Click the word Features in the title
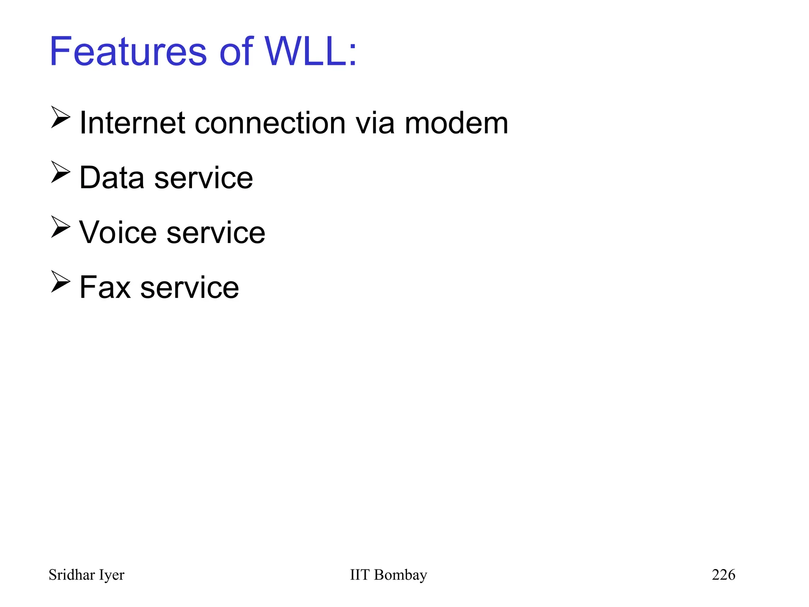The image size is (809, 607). pos(128,51)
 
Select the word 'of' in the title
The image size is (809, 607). pos(236,51)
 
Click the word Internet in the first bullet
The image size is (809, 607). pos(132,123)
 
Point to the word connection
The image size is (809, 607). pos(270,123)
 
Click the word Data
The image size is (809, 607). pos(112,178)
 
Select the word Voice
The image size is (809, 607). pos(118,232)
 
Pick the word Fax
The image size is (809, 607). pos(105,287)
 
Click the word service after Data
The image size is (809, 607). pos(203,178)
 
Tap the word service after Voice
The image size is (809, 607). pos(216,232)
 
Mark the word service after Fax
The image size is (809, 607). pos(190,287)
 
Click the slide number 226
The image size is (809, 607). pos(723,575)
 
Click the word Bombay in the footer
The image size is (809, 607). pos(401,575)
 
